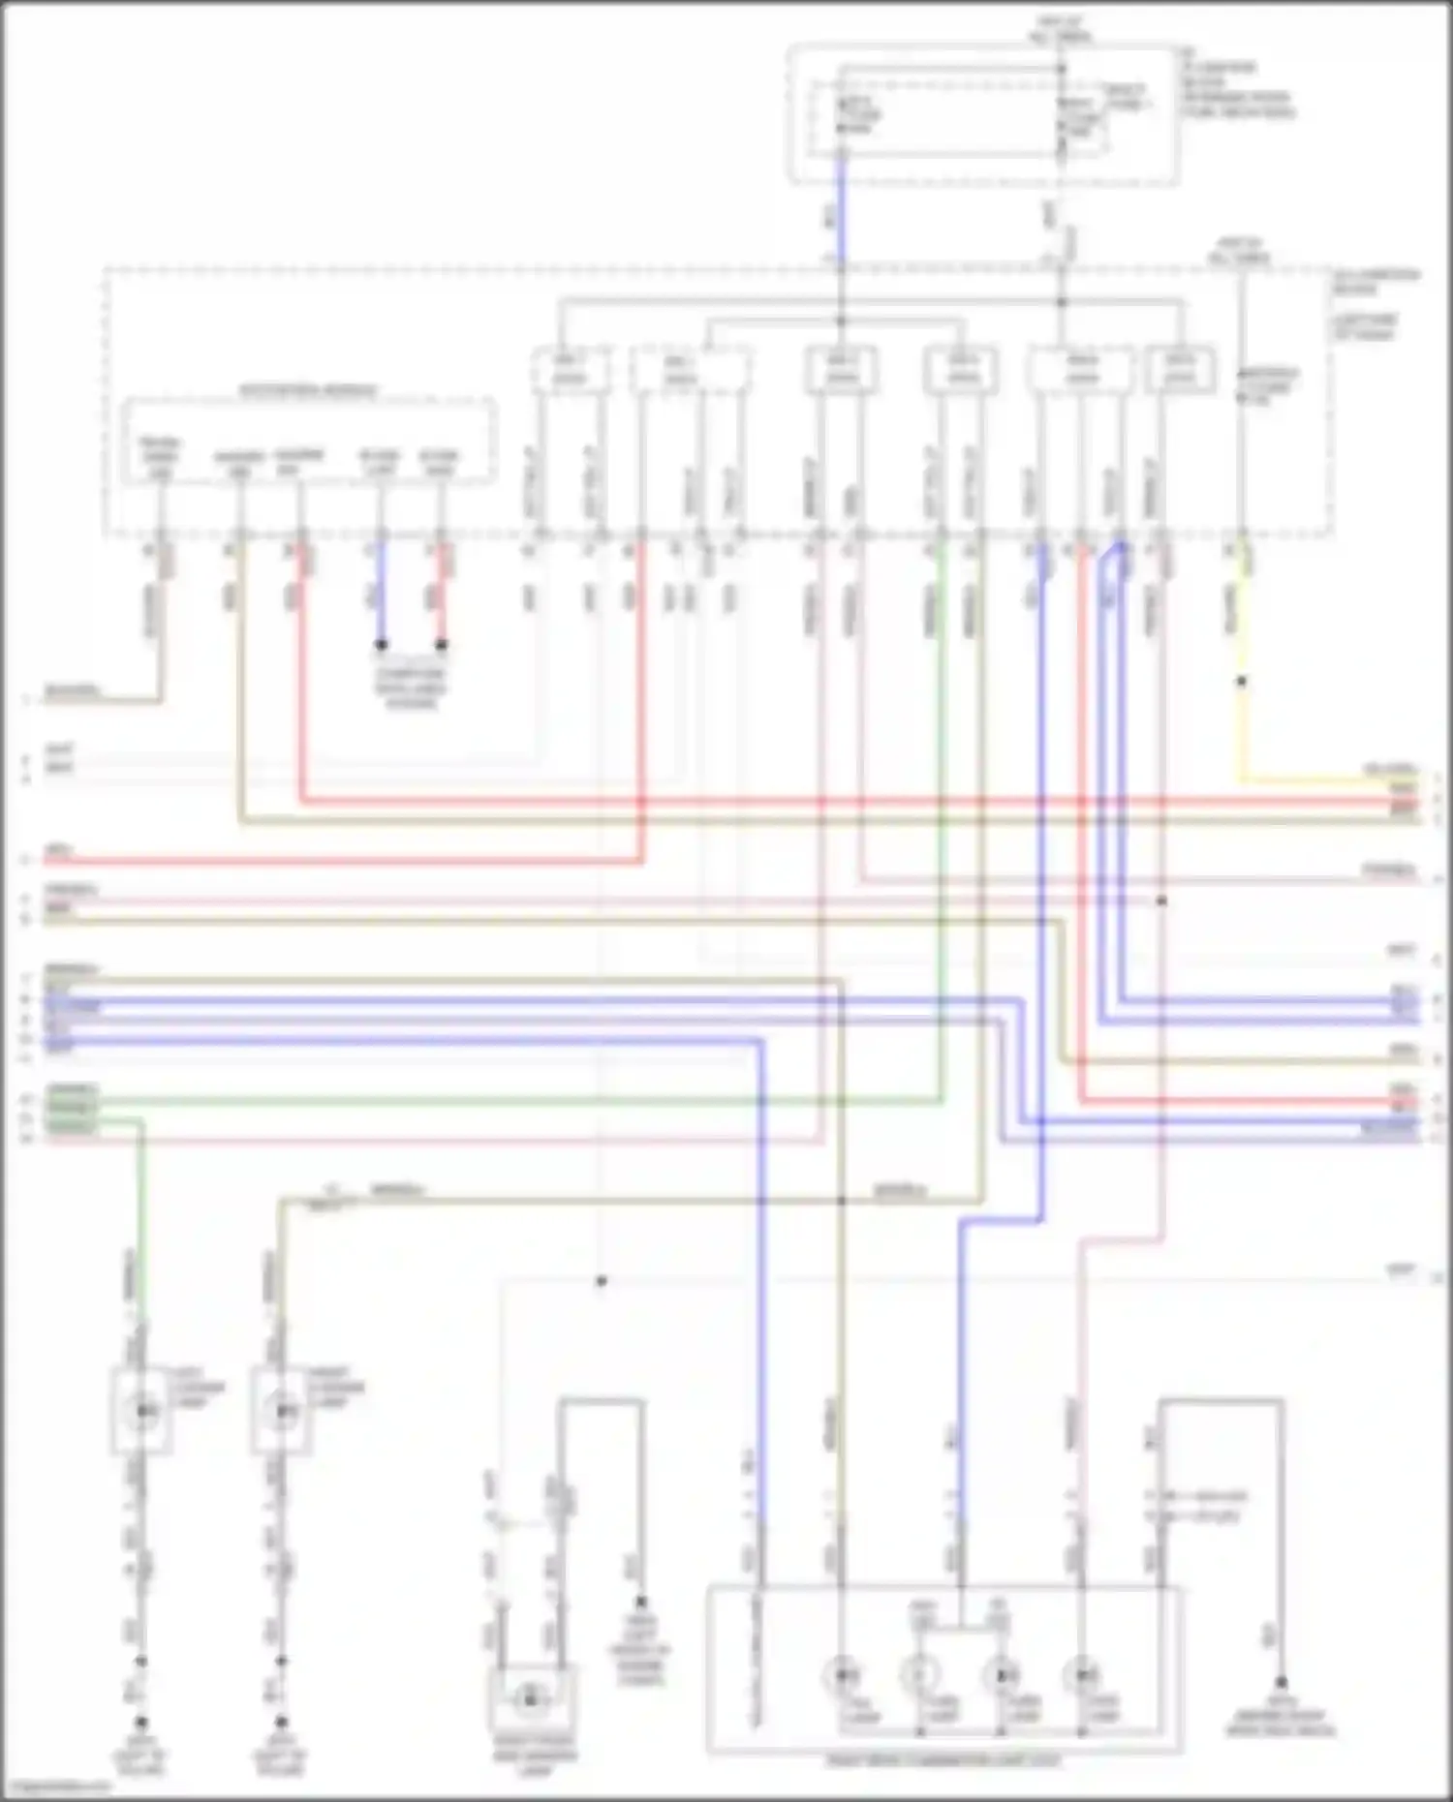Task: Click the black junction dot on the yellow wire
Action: click(x=1241, y=682)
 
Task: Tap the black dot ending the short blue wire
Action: click(x=382, y=644)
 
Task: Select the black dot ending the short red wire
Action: click(x=442, y=644)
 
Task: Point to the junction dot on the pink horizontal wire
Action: click(x=1161, y=901)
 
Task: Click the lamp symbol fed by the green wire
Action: click(x=143, y=1412)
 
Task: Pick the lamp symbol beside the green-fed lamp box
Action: click(x=282, y=1412)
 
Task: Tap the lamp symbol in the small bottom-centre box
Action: click(x=529, y=1697)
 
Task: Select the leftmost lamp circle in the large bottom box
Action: click(x=842, y=1675)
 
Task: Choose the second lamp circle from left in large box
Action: click(x=920, y=1675)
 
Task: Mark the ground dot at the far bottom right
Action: click(x=1281, y=1683)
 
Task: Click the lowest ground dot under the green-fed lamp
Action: click(x=141, y=1723)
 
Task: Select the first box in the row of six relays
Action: click(x=571, y=371)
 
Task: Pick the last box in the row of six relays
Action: click(x=1180, y=371)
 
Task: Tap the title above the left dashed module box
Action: click(x=308, y=391)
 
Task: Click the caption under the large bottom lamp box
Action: click(x=943, y=1761)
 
